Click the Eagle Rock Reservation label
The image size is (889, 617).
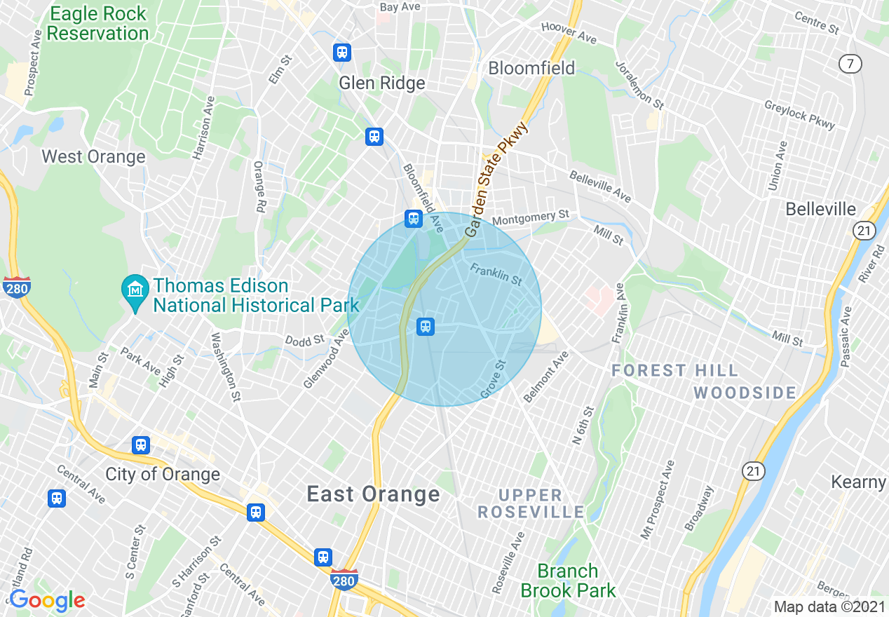[97, 24]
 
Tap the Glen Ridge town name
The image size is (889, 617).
[382, 83]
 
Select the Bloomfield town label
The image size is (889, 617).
[531, 68]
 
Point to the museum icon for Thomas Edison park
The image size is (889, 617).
[133, 287]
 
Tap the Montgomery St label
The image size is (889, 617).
[530, 218]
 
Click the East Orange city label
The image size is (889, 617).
[373, 494]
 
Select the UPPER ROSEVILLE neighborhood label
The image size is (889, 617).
[531, 503]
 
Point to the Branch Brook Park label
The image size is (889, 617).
[568, 581]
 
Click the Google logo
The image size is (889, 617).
[47, 600]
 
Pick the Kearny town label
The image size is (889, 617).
[859, 482]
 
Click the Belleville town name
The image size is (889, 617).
[820, 209]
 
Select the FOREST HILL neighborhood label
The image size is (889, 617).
[674, 370]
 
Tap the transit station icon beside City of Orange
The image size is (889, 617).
[141, 445]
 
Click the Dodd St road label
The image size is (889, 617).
[305, 340]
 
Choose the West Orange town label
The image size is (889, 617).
[93, 156]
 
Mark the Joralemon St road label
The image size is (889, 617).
[639, 85]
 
